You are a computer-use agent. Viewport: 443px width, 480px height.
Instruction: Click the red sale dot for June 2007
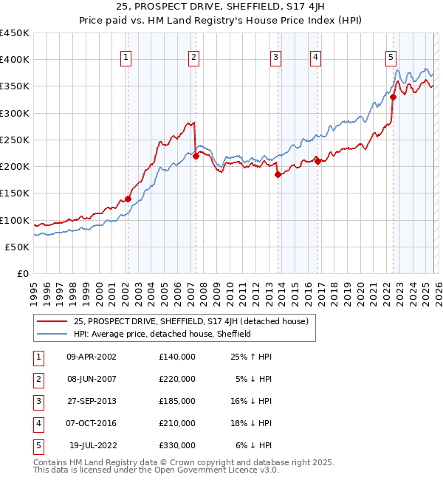[196, 156]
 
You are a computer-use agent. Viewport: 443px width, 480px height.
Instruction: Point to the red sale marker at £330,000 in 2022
[394, 97]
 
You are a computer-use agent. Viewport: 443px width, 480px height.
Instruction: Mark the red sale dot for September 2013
[278, 175]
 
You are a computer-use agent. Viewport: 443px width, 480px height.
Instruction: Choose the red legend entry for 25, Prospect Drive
[195, 321]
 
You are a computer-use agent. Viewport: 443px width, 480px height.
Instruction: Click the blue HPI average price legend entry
[162, 334]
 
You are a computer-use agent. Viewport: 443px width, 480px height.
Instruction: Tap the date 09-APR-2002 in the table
[91, 357]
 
